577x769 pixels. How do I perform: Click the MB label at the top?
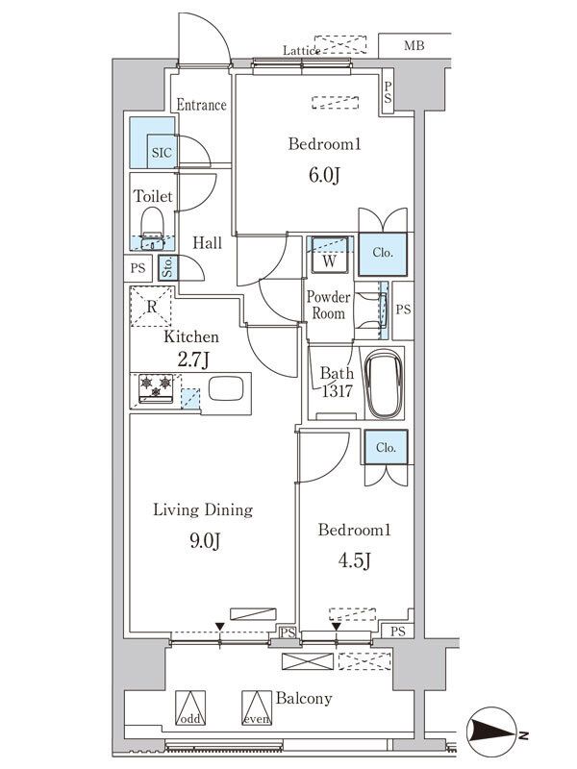(x=414, y=45)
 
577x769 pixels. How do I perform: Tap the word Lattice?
(x=300, y=49)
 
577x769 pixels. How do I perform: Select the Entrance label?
(x=201, y=105)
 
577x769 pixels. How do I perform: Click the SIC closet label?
(x=160, y=152)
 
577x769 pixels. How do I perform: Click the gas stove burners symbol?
(x=156, y=387)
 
